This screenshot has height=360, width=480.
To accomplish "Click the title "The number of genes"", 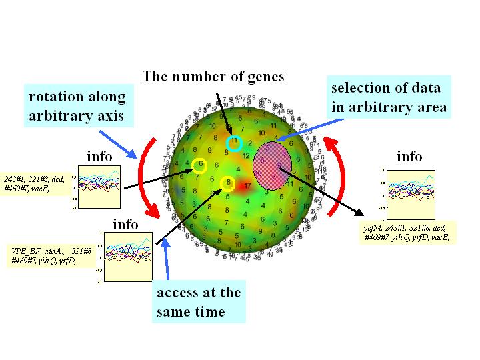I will coord(213,77).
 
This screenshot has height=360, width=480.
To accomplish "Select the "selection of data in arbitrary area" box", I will coord(389,97).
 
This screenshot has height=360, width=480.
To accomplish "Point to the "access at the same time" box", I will coord(199,302).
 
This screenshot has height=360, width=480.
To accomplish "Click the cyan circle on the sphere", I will coord(233,143).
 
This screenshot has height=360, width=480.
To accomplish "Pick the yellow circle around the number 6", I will coord(199,166).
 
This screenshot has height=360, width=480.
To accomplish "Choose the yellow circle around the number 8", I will coord(227,183).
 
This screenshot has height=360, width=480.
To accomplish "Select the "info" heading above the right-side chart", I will coord(409,157).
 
